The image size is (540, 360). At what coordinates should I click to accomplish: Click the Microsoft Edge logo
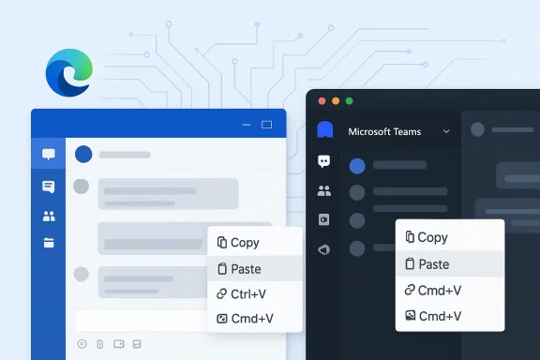pyautogui.click(x=69, y=73)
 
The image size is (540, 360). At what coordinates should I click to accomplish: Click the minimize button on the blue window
pyautogui.click(x=246, y=124)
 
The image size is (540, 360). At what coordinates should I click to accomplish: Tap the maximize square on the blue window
pyautogui.click(x=266, y=124)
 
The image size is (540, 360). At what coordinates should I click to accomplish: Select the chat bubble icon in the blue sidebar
pyautogui.click(x=48, y=155)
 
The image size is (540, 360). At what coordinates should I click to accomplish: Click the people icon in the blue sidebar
pyautogui.click(x=48, y=217)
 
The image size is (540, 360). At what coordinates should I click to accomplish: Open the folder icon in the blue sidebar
pyautogui.click(x=48, y=243)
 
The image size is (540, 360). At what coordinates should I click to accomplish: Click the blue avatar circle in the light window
pyautogui.click(x=83, y=154)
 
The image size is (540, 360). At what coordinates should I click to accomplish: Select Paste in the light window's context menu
pyautogui.click(x=246, y=269)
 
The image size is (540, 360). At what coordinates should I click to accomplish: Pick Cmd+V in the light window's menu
pyautogui.click(x=251, y=319)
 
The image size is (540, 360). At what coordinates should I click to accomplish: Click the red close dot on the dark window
pyautogui.click(x=322, y=101)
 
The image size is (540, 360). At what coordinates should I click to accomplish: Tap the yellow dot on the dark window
pyautogui.click(x=336, y=101)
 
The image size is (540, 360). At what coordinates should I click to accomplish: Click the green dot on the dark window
pyautogui.click(x=350, y=101)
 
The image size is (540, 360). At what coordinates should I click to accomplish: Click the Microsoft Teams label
pyautogui.click(x=384, y=132)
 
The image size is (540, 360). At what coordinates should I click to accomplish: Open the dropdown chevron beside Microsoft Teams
pyautogui.click(x=446, y=132)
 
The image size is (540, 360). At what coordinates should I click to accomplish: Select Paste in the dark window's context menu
pyautogui.click(x=433, y=264)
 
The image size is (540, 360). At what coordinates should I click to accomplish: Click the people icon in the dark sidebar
pyautogui.click(x=324, y=190)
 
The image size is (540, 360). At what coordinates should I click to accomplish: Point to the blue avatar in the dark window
pyautogui.click(x=356, y=166)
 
